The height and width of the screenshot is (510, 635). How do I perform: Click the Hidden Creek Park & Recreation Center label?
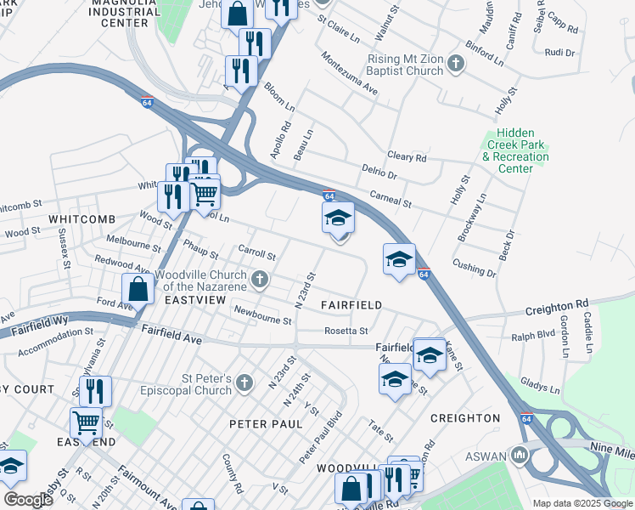coord(515,150)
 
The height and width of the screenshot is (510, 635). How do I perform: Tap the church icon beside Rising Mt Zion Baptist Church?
coord(456,64)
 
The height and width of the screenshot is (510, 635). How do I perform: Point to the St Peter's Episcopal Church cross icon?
coord(245,380)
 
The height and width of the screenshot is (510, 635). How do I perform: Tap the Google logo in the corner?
coord(27,499)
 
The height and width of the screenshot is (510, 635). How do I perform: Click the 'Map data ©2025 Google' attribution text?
coord(582,503)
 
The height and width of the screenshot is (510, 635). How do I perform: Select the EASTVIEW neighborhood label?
coord(194,301)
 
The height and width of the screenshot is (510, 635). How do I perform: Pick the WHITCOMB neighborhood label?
coord(81,218)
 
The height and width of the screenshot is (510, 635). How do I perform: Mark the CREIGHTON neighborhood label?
coord(465,418)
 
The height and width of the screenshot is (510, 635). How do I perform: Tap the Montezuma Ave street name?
coord(349,73)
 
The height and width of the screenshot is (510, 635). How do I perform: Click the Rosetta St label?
coord(346,331)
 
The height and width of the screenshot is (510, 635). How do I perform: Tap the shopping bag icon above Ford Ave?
coord(138,289)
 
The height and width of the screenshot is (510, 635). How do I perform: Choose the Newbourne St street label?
coord(262,315)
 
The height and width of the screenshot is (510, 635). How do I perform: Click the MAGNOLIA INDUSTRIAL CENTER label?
coord(131,14)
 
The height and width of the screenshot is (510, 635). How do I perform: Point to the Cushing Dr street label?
coord(475,269)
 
